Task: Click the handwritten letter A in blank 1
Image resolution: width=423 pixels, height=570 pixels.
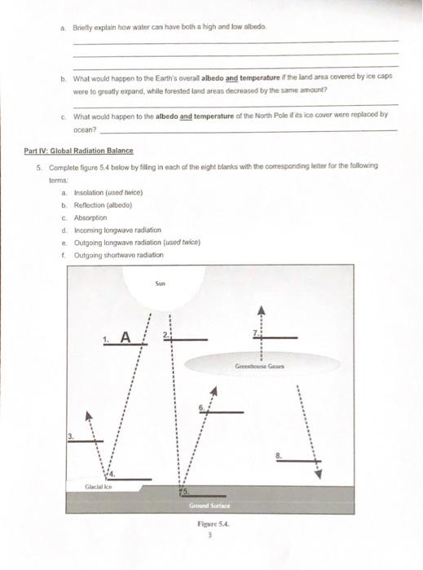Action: coord(125,336)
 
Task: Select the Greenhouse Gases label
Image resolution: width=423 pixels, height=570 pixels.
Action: coord(260,366)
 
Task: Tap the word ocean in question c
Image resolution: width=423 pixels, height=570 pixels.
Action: coord(85,129)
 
